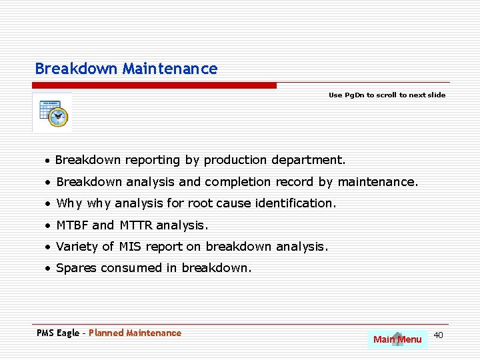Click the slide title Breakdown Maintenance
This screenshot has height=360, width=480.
click(126, 69)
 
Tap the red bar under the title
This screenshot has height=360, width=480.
click(155, 85)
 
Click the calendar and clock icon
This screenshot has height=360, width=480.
click(52, 112)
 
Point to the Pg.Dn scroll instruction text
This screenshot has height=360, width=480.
click(387, 95)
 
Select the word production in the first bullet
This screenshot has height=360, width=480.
click(235, 160)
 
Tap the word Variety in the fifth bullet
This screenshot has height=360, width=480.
click(77, 247)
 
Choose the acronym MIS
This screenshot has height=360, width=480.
click(131, 247)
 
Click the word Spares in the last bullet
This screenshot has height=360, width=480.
click(76, 268)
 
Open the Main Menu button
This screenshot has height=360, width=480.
click(397, 339)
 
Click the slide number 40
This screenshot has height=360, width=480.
click(438, 334)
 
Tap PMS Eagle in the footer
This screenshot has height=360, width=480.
click(58, 333)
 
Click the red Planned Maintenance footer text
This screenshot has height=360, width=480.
click(135, 333)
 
